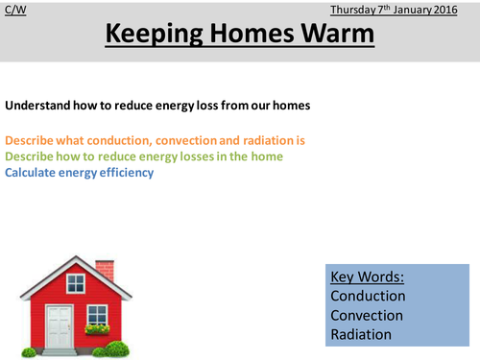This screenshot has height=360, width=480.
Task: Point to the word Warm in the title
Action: [337, 36]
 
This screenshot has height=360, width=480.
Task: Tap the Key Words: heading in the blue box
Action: [367, 277]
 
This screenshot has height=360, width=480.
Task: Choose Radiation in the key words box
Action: [361, 335]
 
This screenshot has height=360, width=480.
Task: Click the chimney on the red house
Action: [104, 270]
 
